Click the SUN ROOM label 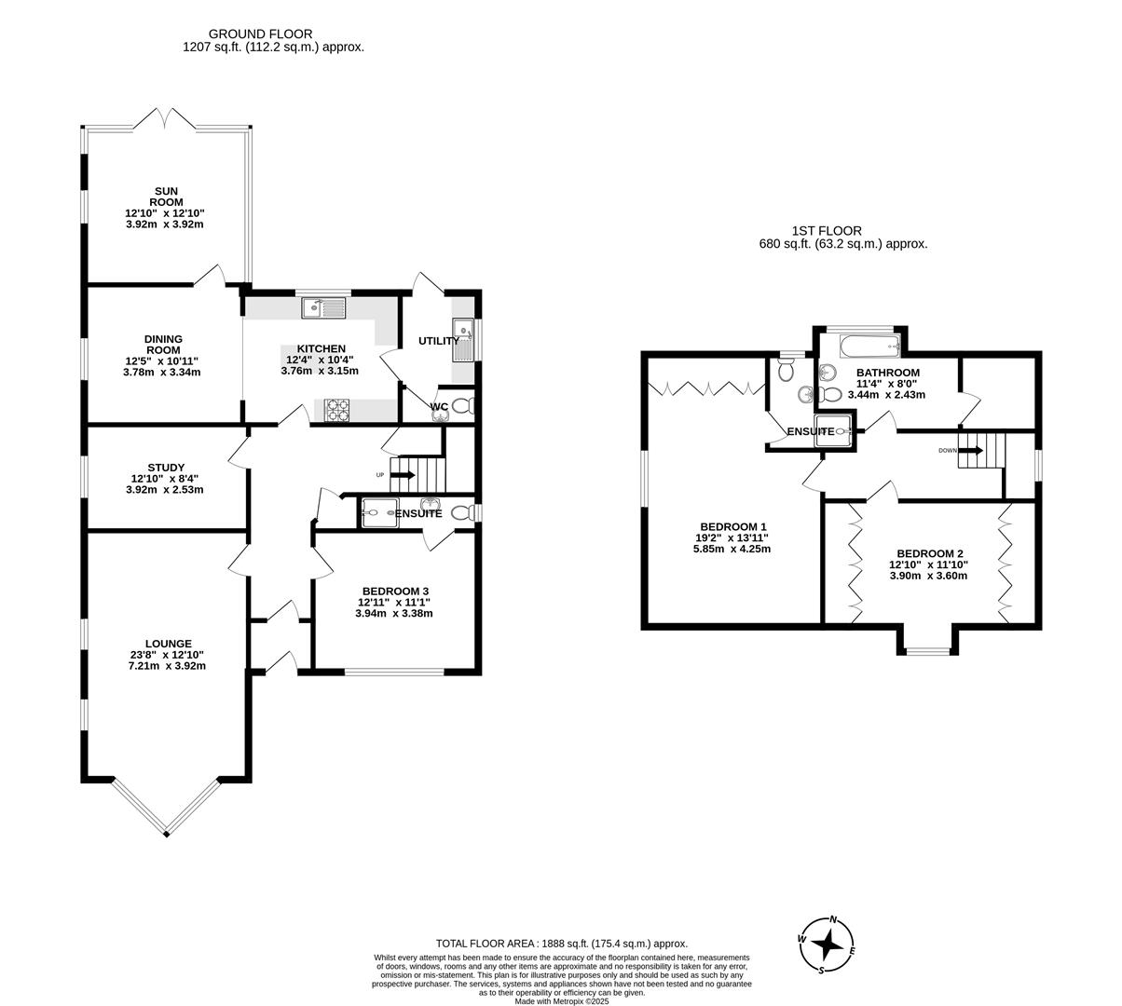[164, 197]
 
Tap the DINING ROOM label [162, 345]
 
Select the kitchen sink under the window [323, 306]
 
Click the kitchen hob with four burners [336, 409]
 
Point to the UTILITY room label [437, 341]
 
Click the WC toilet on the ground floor [464, 405]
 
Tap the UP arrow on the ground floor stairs [403, 475]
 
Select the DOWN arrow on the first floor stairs [970, 451]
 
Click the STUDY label [165, 468]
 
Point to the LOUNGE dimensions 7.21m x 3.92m [165, 666]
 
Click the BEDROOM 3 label [394, 591]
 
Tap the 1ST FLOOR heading [827, 231]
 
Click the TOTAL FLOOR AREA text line [562, 944]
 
